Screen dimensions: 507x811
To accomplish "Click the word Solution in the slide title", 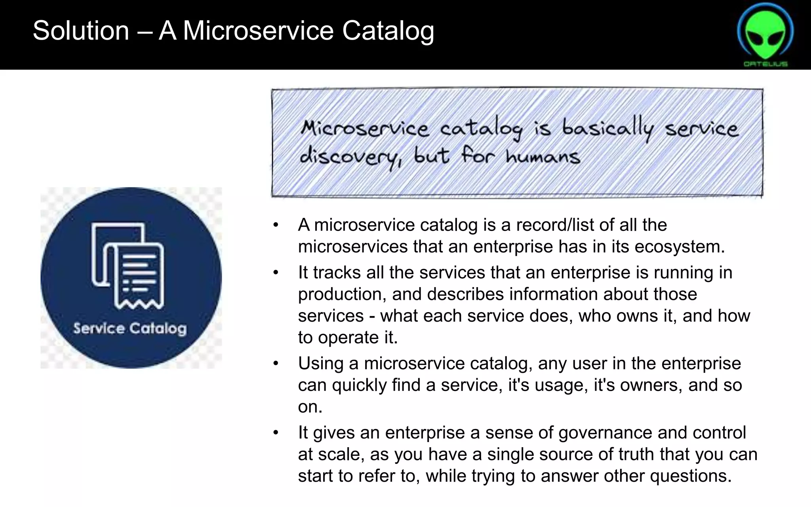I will click(81, 31).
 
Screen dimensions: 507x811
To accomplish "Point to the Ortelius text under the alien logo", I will click(765, 64).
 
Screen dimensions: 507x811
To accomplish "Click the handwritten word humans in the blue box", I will click(543, 156).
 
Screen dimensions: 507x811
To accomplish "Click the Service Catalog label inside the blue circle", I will click(130, 328).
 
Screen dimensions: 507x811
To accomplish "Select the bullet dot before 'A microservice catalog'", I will click(276, 225).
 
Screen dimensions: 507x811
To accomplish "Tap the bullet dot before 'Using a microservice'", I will click(276, 364).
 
